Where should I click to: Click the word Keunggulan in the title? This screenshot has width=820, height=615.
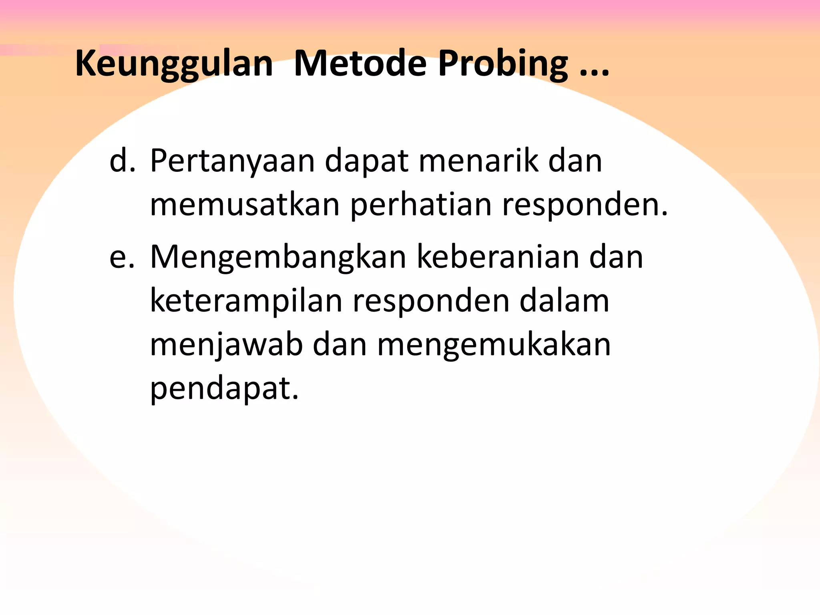tap(174, 64)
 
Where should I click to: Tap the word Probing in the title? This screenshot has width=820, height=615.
tap(503, 64)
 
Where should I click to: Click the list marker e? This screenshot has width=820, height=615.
tap(122, 257)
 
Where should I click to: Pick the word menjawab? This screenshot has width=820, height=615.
tap(226, 345)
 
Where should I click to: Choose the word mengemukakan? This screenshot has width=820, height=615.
tap(494, 345)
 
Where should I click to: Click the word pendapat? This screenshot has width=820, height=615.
tap(224, 389)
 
